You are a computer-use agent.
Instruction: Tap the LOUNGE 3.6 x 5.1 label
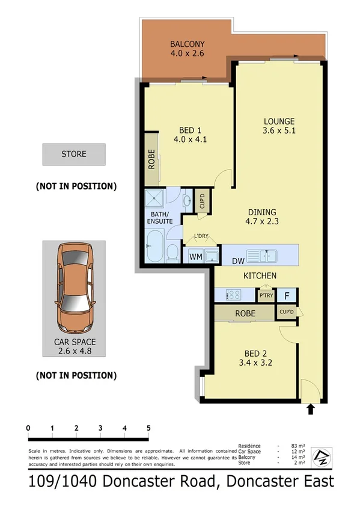click(279, 125)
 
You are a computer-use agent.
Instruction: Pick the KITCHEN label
click(260, 275)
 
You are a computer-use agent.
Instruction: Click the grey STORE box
click(74, 155)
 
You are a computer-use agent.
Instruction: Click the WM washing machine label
click(195, 257)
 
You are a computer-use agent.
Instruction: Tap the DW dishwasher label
click(237, 260)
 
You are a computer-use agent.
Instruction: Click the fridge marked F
click(287, 295)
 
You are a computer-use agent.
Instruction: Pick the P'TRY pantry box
click(265, 296)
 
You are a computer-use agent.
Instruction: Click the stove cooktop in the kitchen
click(233, 295)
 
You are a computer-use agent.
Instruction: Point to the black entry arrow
click(311, 410)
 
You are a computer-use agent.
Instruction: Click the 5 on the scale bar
click(148, 428)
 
